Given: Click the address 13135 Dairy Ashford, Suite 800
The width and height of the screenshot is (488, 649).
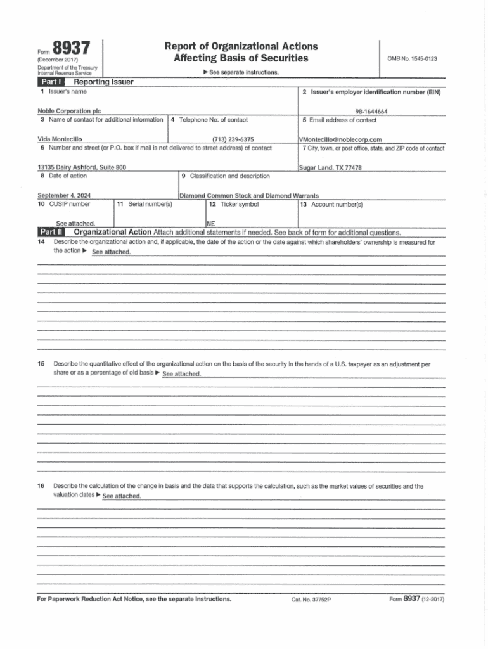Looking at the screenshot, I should point(82,167).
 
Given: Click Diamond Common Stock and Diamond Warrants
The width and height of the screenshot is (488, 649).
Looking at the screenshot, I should point(249,195).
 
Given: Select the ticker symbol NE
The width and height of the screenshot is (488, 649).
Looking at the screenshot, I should point(210,223).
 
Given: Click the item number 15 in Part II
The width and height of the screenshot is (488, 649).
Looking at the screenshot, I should point(41,364).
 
